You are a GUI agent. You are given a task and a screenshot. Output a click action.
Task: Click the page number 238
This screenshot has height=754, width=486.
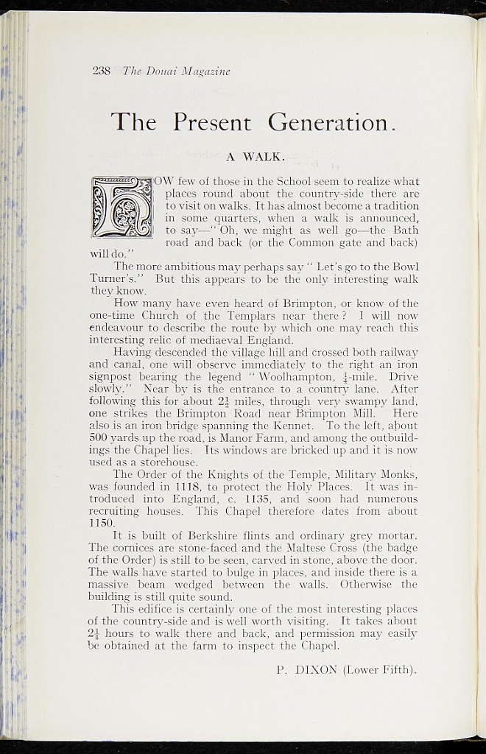coord(101,71)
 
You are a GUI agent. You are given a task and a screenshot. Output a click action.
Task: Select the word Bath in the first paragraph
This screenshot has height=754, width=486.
coord(403,230)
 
